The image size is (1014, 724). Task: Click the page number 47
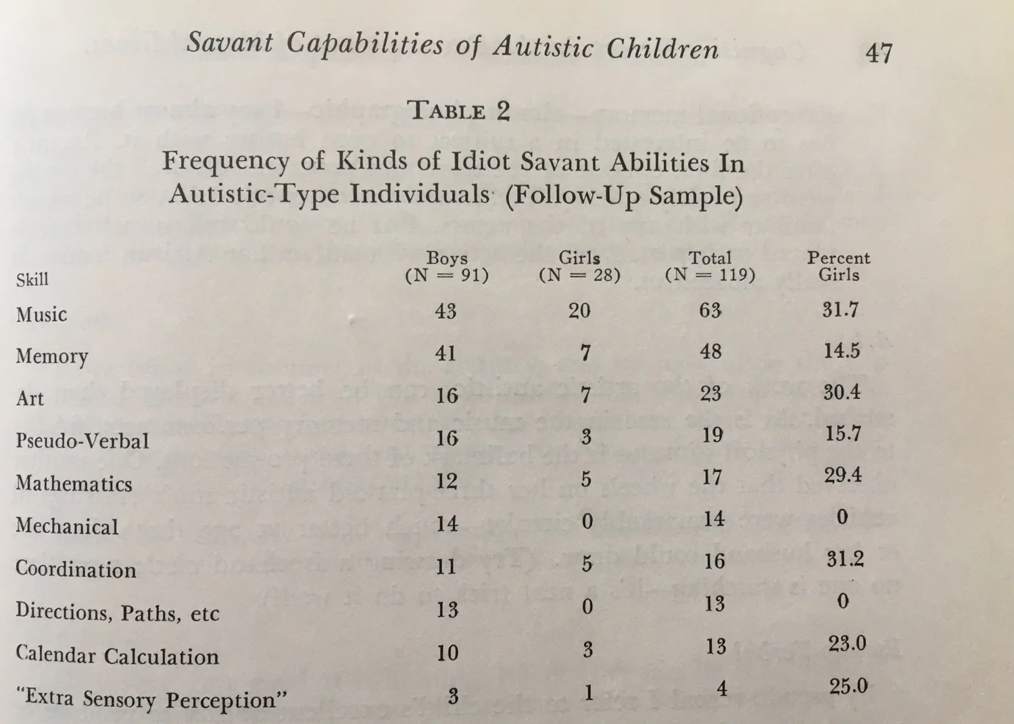(x=879, y=52)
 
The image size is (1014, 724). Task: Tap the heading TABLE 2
(x=460, y=110)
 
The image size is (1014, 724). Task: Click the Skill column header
(x=32, y=279)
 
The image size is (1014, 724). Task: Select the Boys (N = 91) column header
(x=447, y=266)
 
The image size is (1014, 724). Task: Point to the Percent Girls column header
(x=839, y=266)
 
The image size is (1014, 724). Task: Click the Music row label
(x=42, y=314)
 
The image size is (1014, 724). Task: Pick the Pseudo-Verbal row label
(x=82, y=441)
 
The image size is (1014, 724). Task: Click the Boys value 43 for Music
(x=445, y=311)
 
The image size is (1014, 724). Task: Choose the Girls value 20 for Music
(x=579, y=310)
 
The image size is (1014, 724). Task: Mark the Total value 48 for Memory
(x=710, y=352)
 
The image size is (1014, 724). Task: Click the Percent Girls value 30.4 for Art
(x=842, y=392)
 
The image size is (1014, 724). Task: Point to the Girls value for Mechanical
(x=587, y=521)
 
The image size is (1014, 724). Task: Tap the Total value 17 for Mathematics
(x=712, y=477)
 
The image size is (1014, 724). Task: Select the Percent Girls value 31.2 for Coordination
(x=845, y=560)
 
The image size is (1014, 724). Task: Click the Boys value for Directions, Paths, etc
(x=447, y=610)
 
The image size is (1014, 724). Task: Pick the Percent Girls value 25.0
(x=848, y=686)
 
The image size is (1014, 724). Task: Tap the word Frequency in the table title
(x=225, y=161)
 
